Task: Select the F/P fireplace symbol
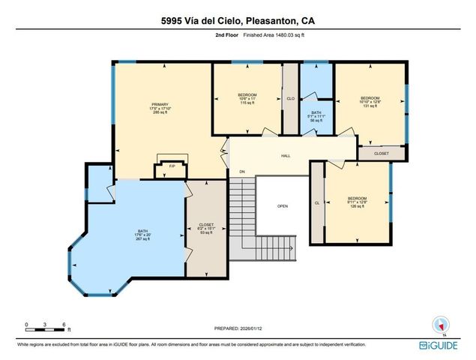(x=171, y=166)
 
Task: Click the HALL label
(x=286, y=156)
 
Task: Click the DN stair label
(x=242, y=172)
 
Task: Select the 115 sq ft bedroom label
(x=247, y=98)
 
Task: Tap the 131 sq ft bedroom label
(x=370, y=102)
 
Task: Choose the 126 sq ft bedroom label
(x=357, y=202)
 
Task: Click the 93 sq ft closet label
(x=205, y=229)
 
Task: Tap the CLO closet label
(x=290, y=98)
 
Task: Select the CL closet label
(x=317, y=202)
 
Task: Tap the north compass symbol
(x=441, y=324)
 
